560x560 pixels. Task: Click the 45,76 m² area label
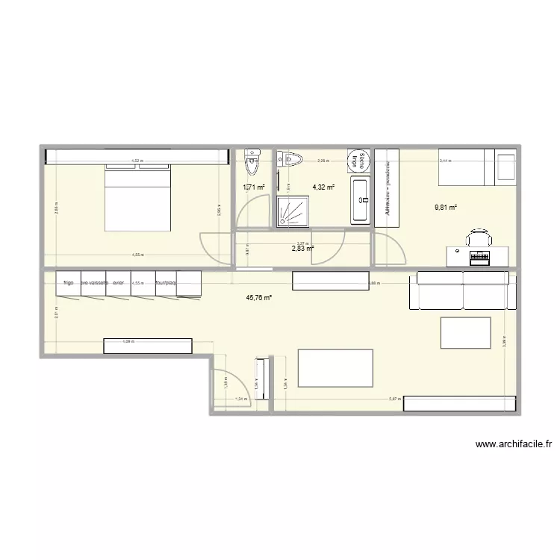click(259, 298)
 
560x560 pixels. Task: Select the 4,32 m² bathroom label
click(323, 187)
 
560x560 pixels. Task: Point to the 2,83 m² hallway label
click(302, 250)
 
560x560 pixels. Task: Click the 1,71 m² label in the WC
click(254, 187)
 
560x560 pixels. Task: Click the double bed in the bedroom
click(139, 197)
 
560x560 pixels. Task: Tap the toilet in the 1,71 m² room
click(253, 159)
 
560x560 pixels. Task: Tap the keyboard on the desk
click(478, 257)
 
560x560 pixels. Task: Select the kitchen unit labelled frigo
click(68, 283)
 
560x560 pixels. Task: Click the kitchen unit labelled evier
click(118, 283)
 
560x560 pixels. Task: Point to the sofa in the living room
click(463, 291)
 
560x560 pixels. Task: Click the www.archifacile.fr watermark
click(513, 444)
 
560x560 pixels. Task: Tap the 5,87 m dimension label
click(393, 399)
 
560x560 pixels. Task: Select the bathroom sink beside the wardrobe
click(360, 199)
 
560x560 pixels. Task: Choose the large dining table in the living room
click(335, 367)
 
